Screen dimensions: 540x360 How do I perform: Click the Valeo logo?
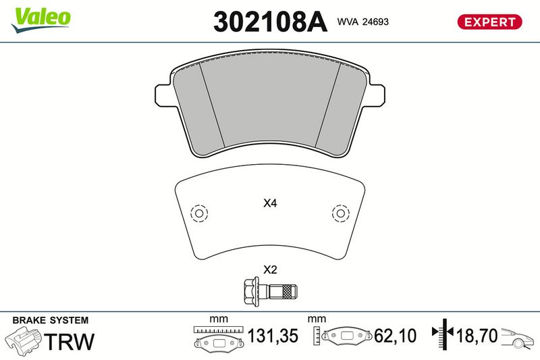coord(40,20)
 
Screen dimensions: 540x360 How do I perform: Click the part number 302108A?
coord(271,22)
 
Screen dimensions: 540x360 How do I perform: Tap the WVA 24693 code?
coord(363,22)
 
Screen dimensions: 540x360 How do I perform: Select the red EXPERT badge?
coord(489,22)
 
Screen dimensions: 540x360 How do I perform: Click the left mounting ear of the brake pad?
coord(163,95)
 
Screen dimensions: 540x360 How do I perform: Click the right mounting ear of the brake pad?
coord(377,95)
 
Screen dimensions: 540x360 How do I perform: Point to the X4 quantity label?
coord(270,203)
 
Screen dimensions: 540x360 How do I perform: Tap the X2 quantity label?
coord(270,269)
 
